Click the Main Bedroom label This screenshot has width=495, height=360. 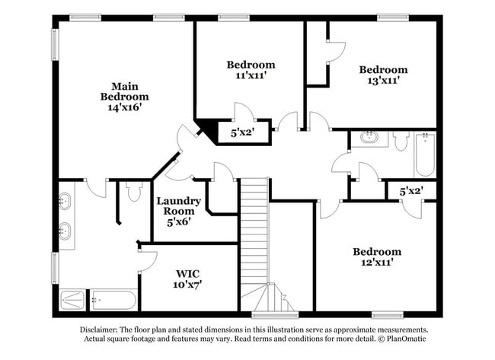coord(124,91)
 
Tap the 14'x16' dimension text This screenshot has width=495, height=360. coord(124,108)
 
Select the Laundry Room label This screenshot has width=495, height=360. coord(179,206)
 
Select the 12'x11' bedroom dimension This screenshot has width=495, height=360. coord(376,263)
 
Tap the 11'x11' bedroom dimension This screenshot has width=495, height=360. coord(251,76)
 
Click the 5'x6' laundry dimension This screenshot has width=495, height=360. coord(179,222)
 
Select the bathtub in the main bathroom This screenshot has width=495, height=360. coord(113,299)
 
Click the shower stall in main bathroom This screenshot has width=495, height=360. coord(74,299)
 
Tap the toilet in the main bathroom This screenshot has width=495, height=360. coord(134,191)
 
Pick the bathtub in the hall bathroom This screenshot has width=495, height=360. coord(423,155)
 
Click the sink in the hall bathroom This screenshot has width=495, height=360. coord(369,138)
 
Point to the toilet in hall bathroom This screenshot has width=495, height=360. coord(401,140)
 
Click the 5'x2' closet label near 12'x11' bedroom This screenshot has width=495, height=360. coord(411,190)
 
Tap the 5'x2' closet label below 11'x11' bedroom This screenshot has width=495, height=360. coord(242,132)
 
